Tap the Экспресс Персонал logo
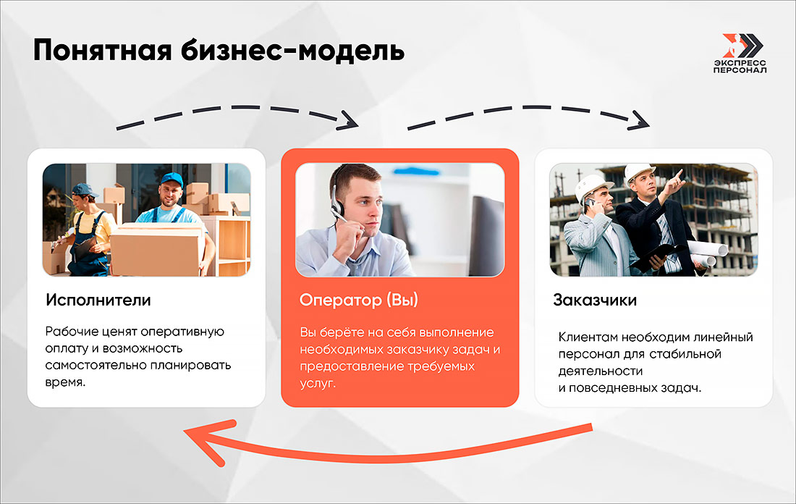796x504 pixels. (739, 54)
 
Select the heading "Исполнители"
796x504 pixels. (98, 300)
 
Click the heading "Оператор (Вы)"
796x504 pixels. (359, 300)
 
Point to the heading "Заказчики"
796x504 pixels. (595, 300)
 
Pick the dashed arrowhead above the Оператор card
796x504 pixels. (350, 119)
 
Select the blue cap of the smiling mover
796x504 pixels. (172, 178)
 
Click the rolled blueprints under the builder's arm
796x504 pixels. (706, 251)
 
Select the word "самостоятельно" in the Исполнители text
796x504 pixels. (90, 365)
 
